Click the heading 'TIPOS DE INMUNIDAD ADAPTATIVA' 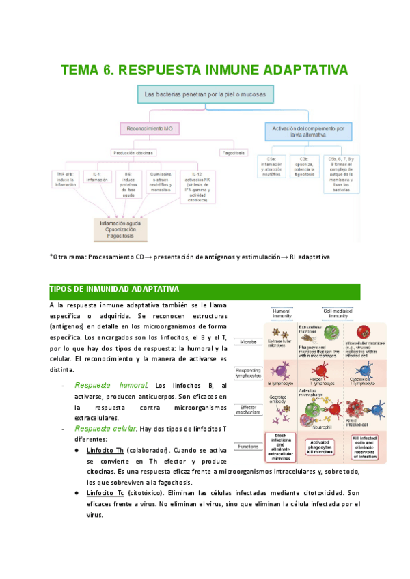click(115, 289)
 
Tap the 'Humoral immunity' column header click(282, 313)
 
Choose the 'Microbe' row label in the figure click(248, 340)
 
